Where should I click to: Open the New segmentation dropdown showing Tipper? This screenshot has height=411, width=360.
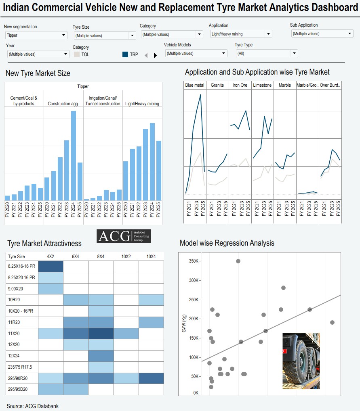click(36, 35)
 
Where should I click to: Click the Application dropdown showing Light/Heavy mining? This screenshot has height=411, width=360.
click(241, 34)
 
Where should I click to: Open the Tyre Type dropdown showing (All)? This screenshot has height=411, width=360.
click(267, 53)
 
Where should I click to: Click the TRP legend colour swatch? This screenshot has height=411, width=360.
click(125, 54)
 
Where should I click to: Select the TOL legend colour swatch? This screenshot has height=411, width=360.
click(76, 54)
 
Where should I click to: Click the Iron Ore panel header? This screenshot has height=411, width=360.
click(240, 85)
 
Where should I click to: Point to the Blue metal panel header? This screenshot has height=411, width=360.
click(195, 85)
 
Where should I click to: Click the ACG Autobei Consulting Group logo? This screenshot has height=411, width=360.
click(124, 236)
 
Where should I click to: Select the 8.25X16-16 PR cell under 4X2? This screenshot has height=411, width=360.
click(51, 267)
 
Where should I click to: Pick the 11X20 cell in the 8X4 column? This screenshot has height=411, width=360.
click(101, 334)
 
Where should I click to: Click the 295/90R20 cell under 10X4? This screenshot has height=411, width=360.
click(151, 378)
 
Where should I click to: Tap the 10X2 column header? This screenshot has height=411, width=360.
click(126, 257)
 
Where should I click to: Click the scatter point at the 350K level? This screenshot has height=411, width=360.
click(238, 261)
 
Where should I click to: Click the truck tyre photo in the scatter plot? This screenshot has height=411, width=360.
click(301, 361)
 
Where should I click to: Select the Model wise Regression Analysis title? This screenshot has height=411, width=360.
click(227, 243)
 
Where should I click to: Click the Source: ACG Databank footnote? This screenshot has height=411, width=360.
click(33, 406)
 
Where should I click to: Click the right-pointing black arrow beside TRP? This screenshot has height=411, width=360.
click(155, 55)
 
